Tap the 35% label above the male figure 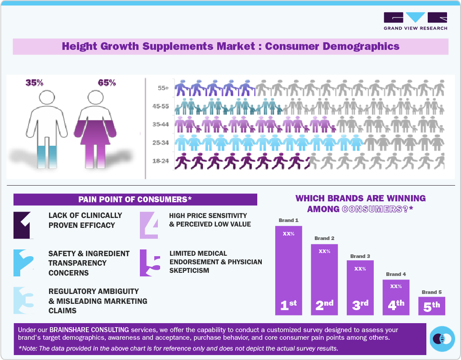(x=34, y=83)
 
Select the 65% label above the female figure (x=107, y=83)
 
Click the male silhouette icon (x=46, y=128)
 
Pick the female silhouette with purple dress (x=95, y=128)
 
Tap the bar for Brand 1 (x=288, y=270)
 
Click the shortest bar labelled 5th (x=432, y=306)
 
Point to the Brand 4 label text (x=396, y=274)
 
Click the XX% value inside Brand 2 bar (x=324, y=252)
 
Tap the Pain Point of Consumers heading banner (x=135, y=200)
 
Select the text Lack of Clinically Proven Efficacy (x=85, y=220)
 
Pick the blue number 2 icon (x=23, y=262)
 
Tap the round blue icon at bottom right (x=442, y=339)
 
